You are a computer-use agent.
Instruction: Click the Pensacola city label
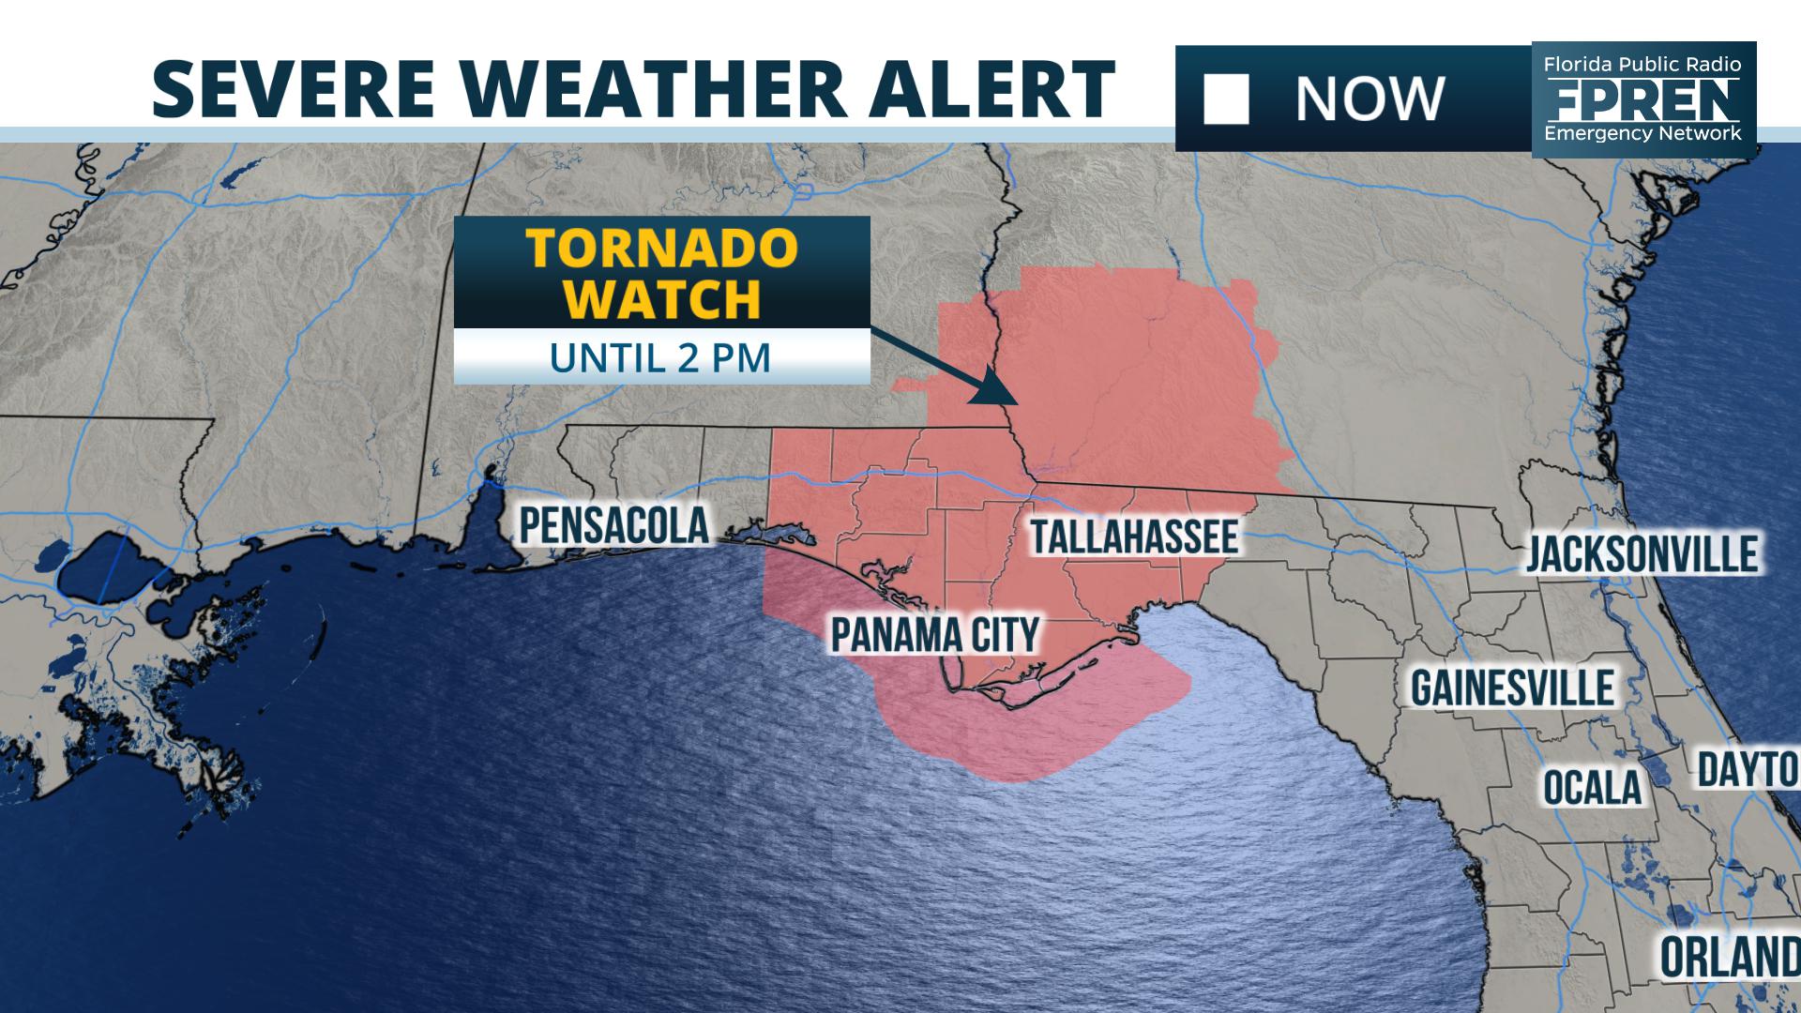click(x=614, y=526)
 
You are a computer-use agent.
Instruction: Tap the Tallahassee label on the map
click(x=1134, y=537)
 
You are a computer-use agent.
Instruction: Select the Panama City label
click(x=935, y=635)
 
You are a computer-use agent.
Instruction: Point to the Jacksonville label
click(x=1642, y=554)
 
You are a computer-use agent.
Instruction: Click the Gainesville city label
click(x=1512, y=688)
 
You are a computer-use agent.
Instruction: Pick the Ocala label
click(x=1593, y=787)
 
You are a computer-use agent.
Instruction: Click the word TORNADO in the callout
click(x=661, y=249)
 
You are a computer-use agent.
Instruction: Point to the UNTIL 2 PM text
click(x=660, y=357)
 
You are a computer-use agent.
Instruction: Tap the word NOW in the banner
click(x=1369, y=98)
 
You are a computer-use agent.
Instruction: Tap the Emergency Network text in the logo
click(x=1643, y=133)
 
